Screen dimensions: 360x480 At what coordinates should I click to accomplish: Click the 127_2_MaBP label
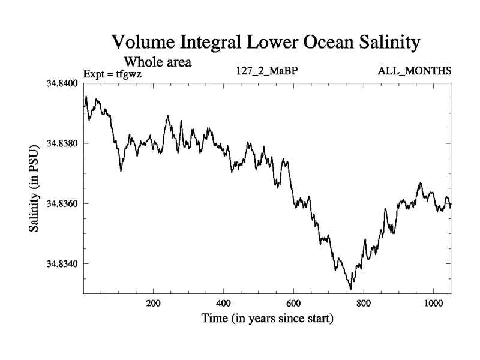point(268,72)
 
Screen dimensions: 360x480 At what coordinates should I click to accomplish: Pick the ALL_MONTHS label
point(414,72)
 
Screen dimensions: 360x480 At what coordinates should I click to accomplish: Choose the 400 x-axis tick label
point(224,304)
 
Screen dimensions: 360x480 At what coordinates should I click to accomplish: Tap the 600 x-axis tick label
point(294,304)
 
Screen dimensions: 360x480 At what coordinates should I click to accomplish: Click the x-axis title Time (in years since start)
point(266,319)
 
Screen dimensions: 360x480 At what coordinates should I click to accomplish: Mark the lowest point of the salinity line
point(350,289)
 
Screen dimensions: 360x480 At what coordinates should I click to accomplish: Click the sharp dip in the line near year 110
point(121,171)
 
